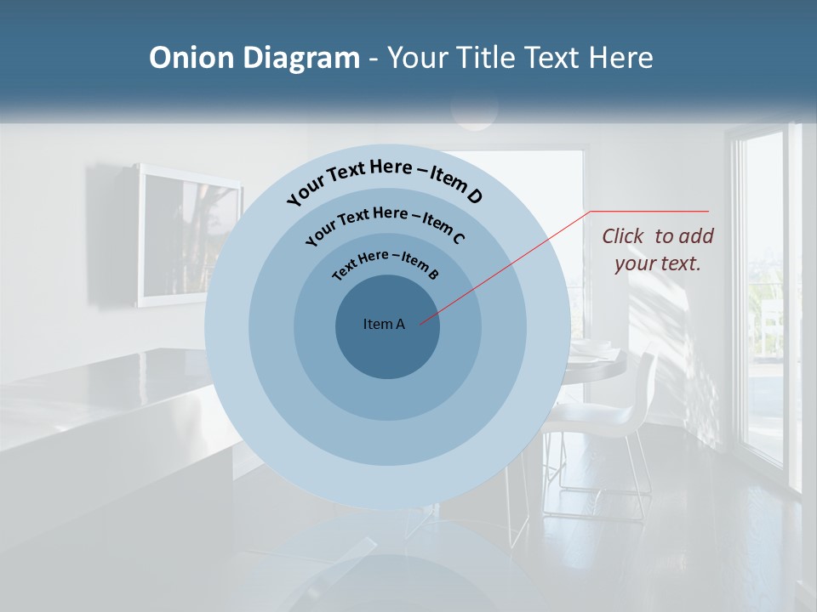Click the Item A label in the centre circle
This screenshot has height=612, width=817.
384,324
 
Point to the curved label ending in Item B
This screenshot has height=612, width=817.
385,263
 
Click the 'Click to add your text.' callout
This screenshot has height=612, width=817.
658,250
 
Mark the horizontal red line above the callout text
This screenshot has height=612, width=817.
649,211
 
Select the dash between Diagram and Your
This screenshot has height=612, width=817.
374,58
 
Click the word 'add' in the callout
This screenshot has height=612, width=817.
696,236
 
